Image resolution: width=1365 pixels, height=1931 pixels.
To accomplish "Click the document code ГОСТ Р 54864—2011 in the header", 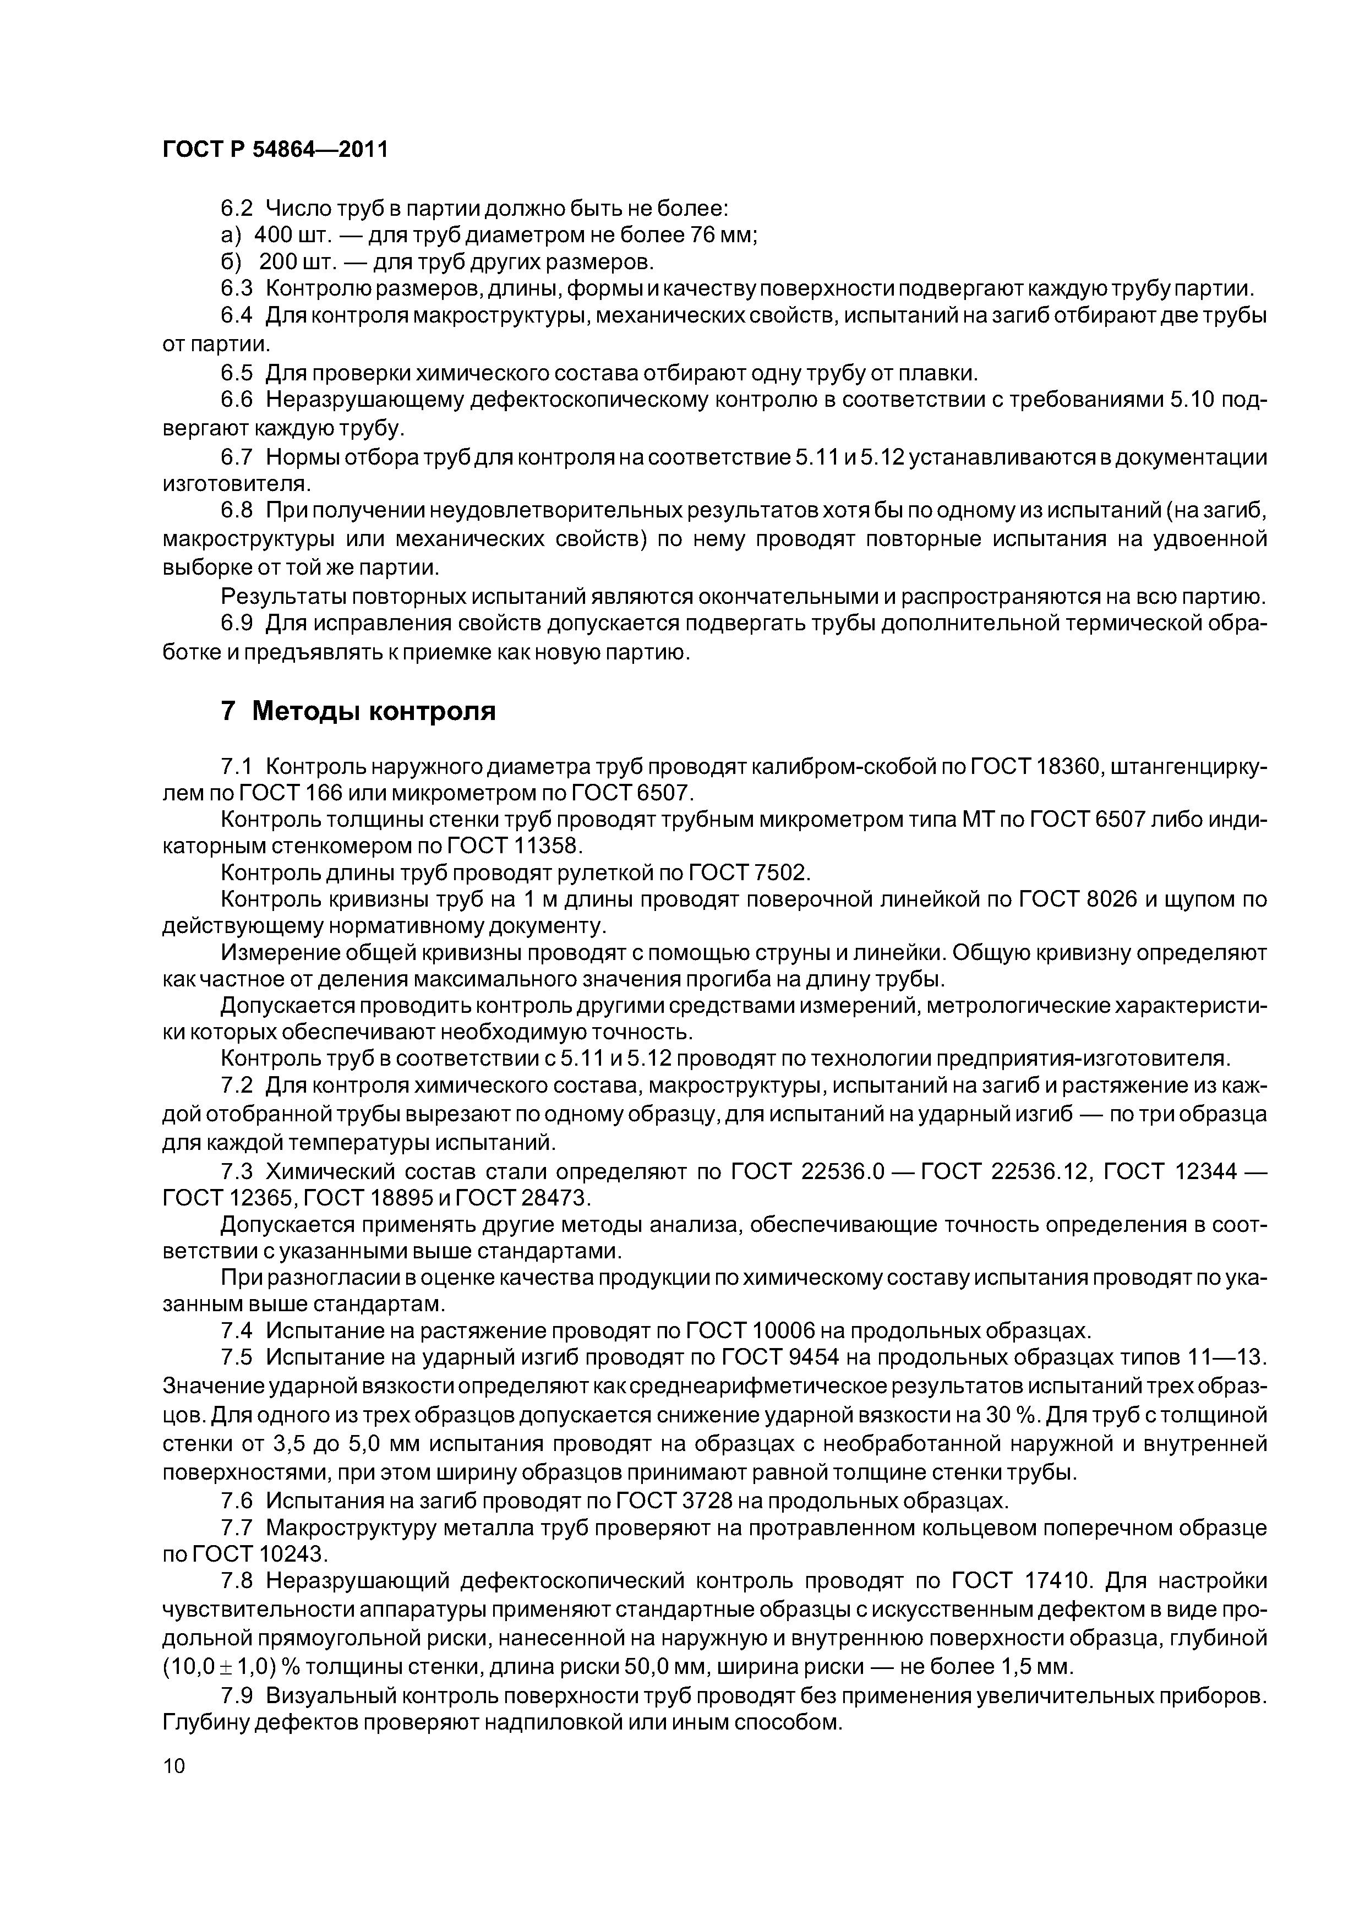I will tap(275, 150).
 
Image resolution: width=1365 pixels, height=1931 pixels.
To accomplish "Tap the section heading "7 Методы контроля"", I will tap(357, 712).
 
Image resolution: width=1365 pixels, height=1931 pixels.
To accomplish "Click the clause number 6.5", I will tap(236, 373).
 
